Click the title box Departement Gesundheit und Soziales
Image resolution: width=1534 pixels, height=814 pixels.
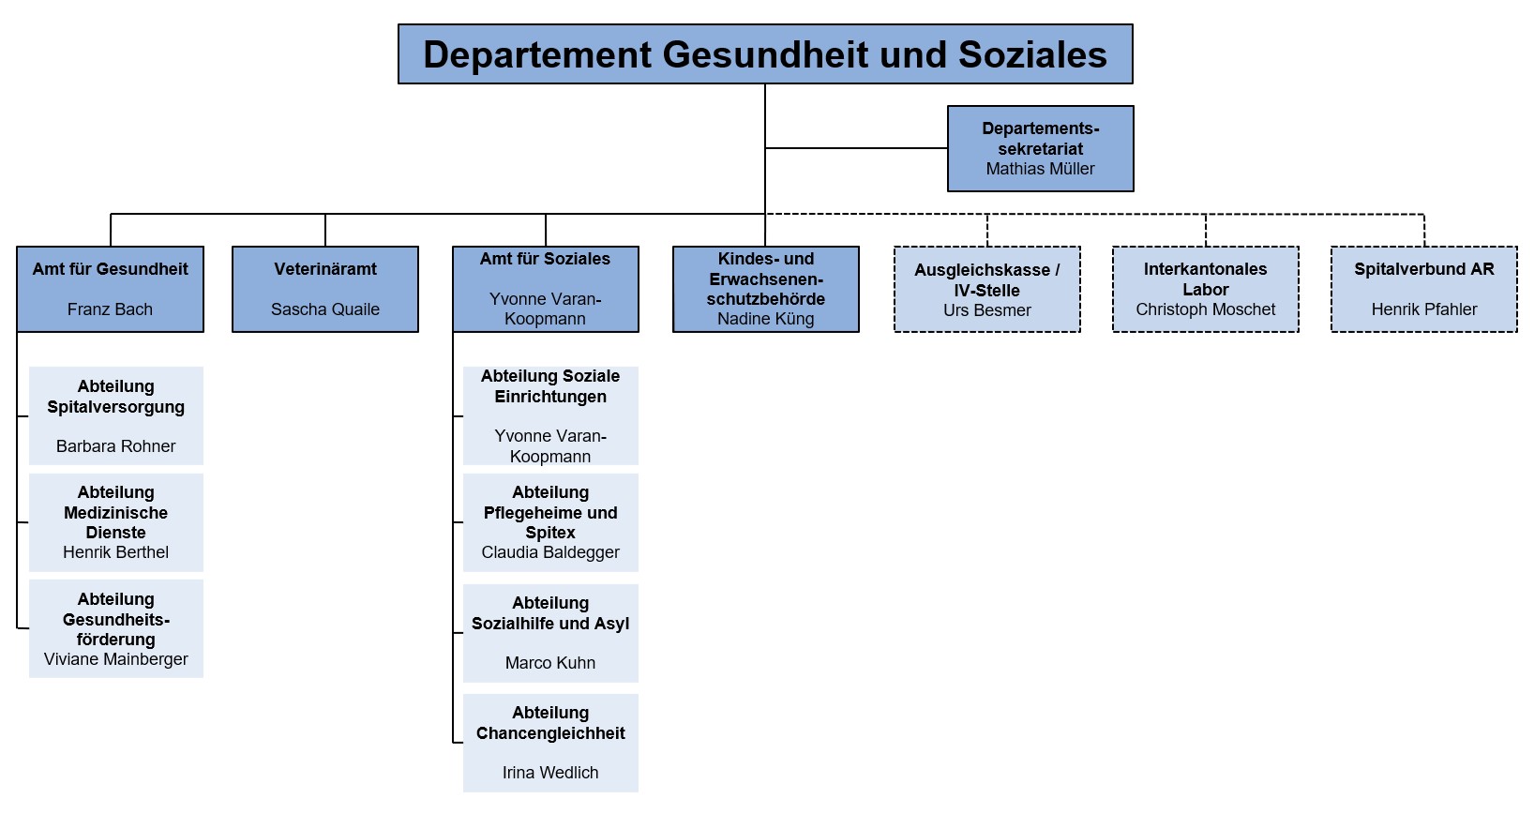765,54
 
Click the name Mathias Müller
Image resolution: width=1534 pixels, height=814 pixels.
1040,169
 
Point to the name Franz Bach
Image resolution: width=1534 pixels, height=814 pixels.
110,309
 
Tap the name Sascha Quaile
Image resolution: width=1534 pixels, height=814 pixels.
325,309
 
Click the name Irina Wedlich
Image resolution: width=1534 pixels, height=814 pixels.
550,773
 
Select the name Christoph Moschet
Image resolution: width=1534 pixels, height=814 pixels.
1206,309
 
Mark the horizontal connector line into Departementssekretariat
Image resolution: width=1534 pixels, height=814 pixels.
856,148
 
